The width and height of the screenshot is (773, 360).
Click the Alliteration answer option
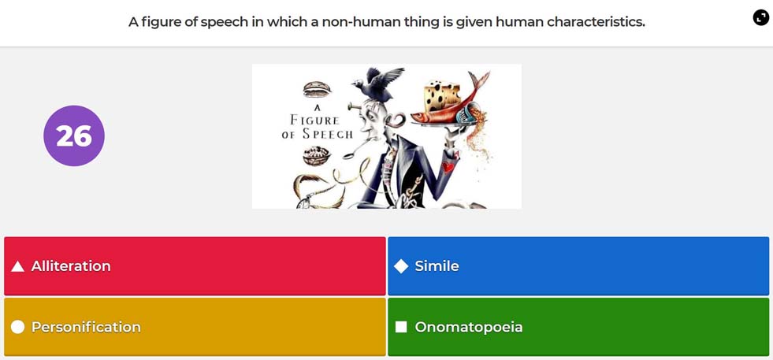(x=195, y=266)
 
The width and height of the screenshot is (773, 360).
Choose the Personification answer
(x=195, y=327)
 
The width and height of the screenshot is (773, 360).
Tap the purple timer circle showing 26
(x=74, y=135)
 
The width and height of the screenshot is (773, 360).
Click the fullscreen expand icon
(x=760, y=18)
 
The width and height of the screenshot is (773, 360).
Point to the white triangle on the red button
(x=18, y=267)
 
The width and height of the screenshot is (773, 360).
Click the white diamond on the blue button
(x=401, y=266)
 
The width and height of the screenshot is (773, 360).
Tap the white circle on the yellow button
(x=18, y=327)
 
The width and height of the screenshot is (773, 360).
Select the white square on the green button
(x=401, y=327)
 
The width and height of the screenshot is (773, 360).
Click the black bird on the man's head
(x=378, y=84)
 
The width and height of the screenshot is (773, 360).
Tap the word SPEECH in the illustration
(x=328, y=134)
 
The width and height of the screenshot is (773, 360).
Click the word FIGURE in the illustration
(x=314, y=120)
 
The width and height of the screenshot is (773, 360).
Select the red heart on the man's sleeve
(x=448, y=167)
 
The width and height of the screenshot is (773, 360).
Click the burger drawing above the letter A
(x=317, y=89)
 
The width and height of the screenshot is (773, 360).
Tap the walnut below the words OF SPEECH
(x=317, y=155)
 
